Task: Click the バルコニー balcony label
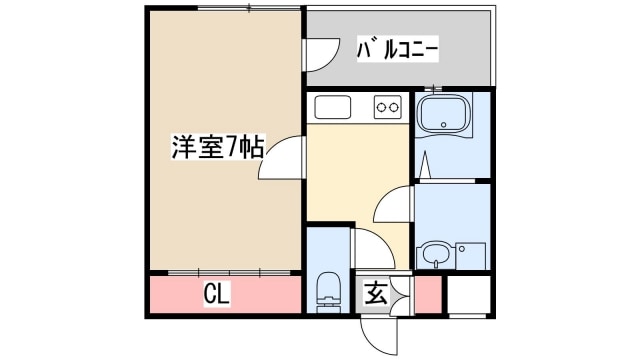(399, 49)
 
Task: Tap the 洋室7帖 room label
(217, 148)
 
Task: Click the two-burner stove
(387, 106)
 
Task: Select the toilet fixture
(328, 290)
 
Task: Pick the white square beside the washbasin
(470, 256)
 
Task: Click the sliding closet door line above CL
(225, 272)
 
